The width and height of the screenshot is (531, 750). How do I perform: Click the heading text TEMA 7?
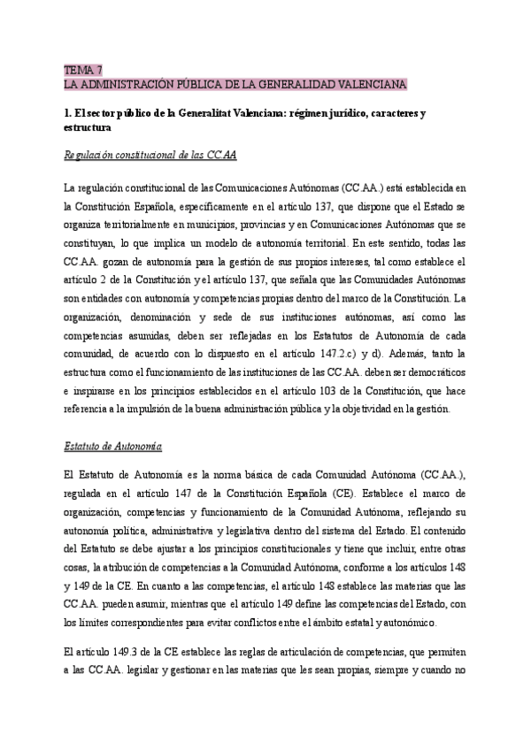pyautogui.click(x=83, y=70)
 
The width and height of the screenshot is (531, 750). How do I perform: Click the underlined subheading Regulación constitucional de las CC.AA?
pyautogui.click(x=150, y=155)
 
